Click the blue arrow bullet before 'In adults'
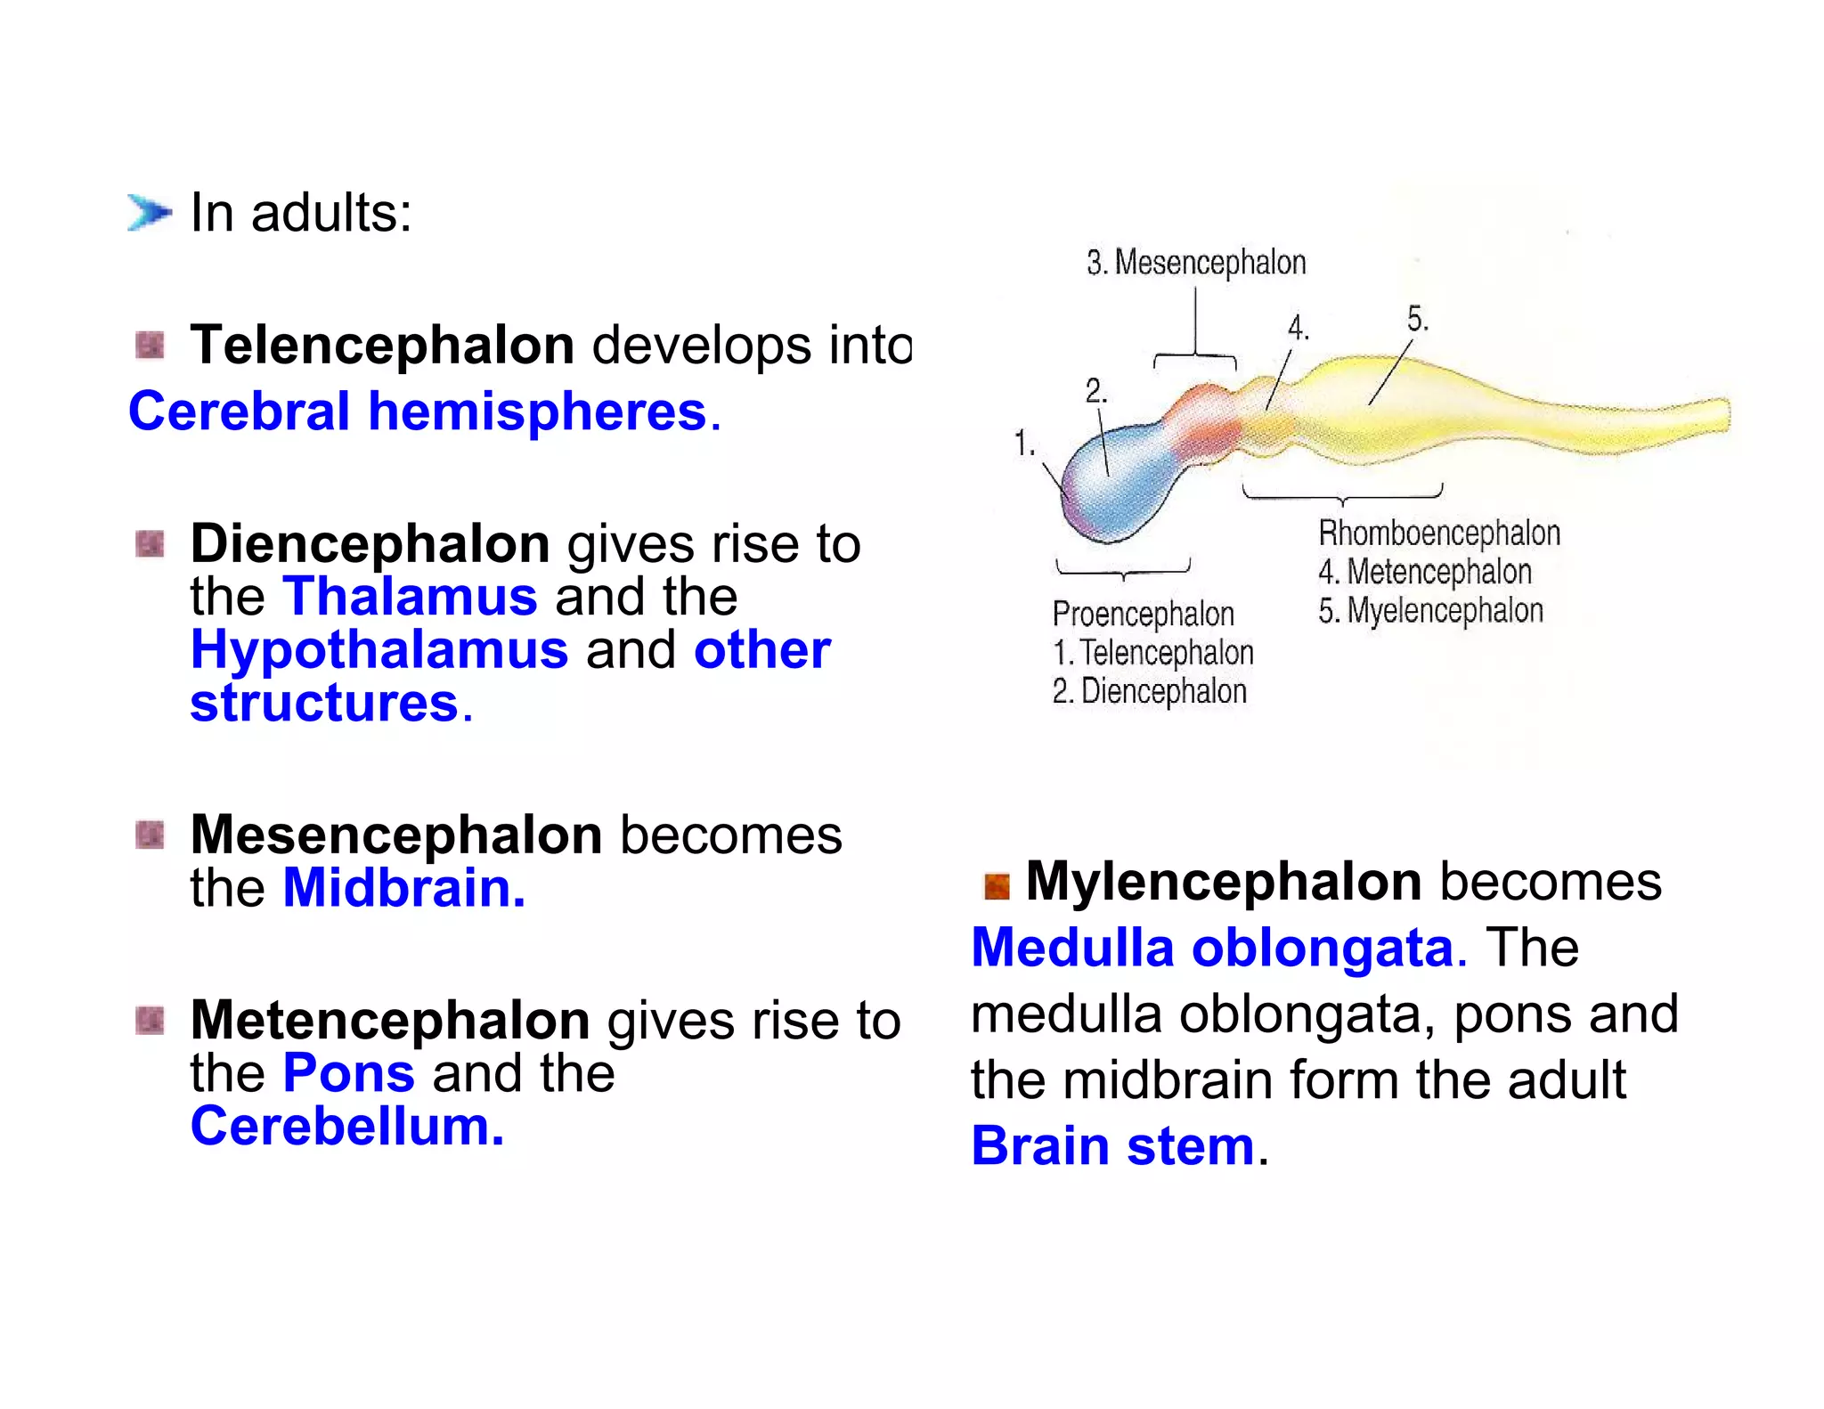[x=148, y=212]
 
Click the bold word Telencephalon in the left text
[x=382, y=345]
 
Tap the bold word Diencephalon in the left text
[x=370, y=543]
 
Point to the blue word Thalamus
[x=410, y=596]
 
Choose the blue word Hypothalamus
[x=379, y=649]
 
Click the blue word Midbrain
[x=403, y=888]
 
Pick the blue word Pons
[x=348, y=1072]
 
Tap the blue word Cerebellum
[x=347, y=1126]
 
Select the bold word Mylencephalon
[x=1224, y=882]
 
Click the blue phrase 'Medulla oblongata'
[x=1213, y=947]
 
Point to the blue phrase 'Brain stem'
[x=1113, y=1145]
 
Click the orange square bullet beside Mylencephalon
[x=997, y=885]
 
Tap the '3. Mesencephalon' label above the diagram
[x=1196, y=263]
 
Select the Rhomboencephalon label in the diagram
[x=1439, y=533]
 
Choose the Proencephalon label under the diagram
[x=1143, y=614]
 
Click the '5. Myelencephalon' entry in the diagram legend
[x=1430, y=611]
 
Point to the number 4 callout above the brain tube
[x=1299, y=328]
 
